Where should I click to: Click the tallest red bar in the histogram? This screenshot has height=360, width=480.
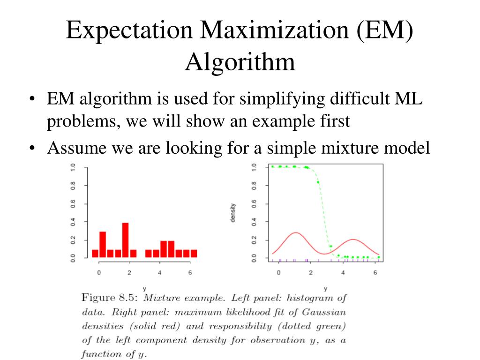pos(125,240)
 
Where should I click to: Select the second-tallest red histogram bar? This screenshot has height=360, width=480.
pos(103,244)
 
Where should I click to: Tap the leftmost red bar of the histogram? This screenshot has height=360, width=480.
pos(95,254)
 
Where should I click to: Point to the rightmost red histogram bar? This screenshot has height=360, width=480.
pos(194,254)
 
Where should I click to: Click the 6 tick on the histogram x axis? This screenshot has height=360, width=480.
pos(190,273)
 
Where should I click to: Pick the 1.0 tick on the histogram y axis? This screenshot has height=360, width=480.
pos(72,167)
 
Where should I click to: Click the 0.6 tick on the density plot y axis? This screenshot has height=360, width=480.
pos(254,204)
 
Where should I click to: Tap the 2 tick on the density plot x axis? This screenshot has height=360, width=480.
pos(311,273)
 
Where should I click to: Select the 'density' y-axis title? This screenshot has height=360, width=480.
pos(233,212)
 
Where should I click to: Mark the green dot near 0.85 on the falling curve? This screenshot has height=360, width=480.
pos(318,182)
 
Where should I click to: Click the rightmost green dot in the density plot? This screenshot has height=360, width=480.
pos(378,257)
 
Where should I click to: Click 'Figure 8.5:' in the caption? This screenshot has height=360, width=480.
pos(110,298)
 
